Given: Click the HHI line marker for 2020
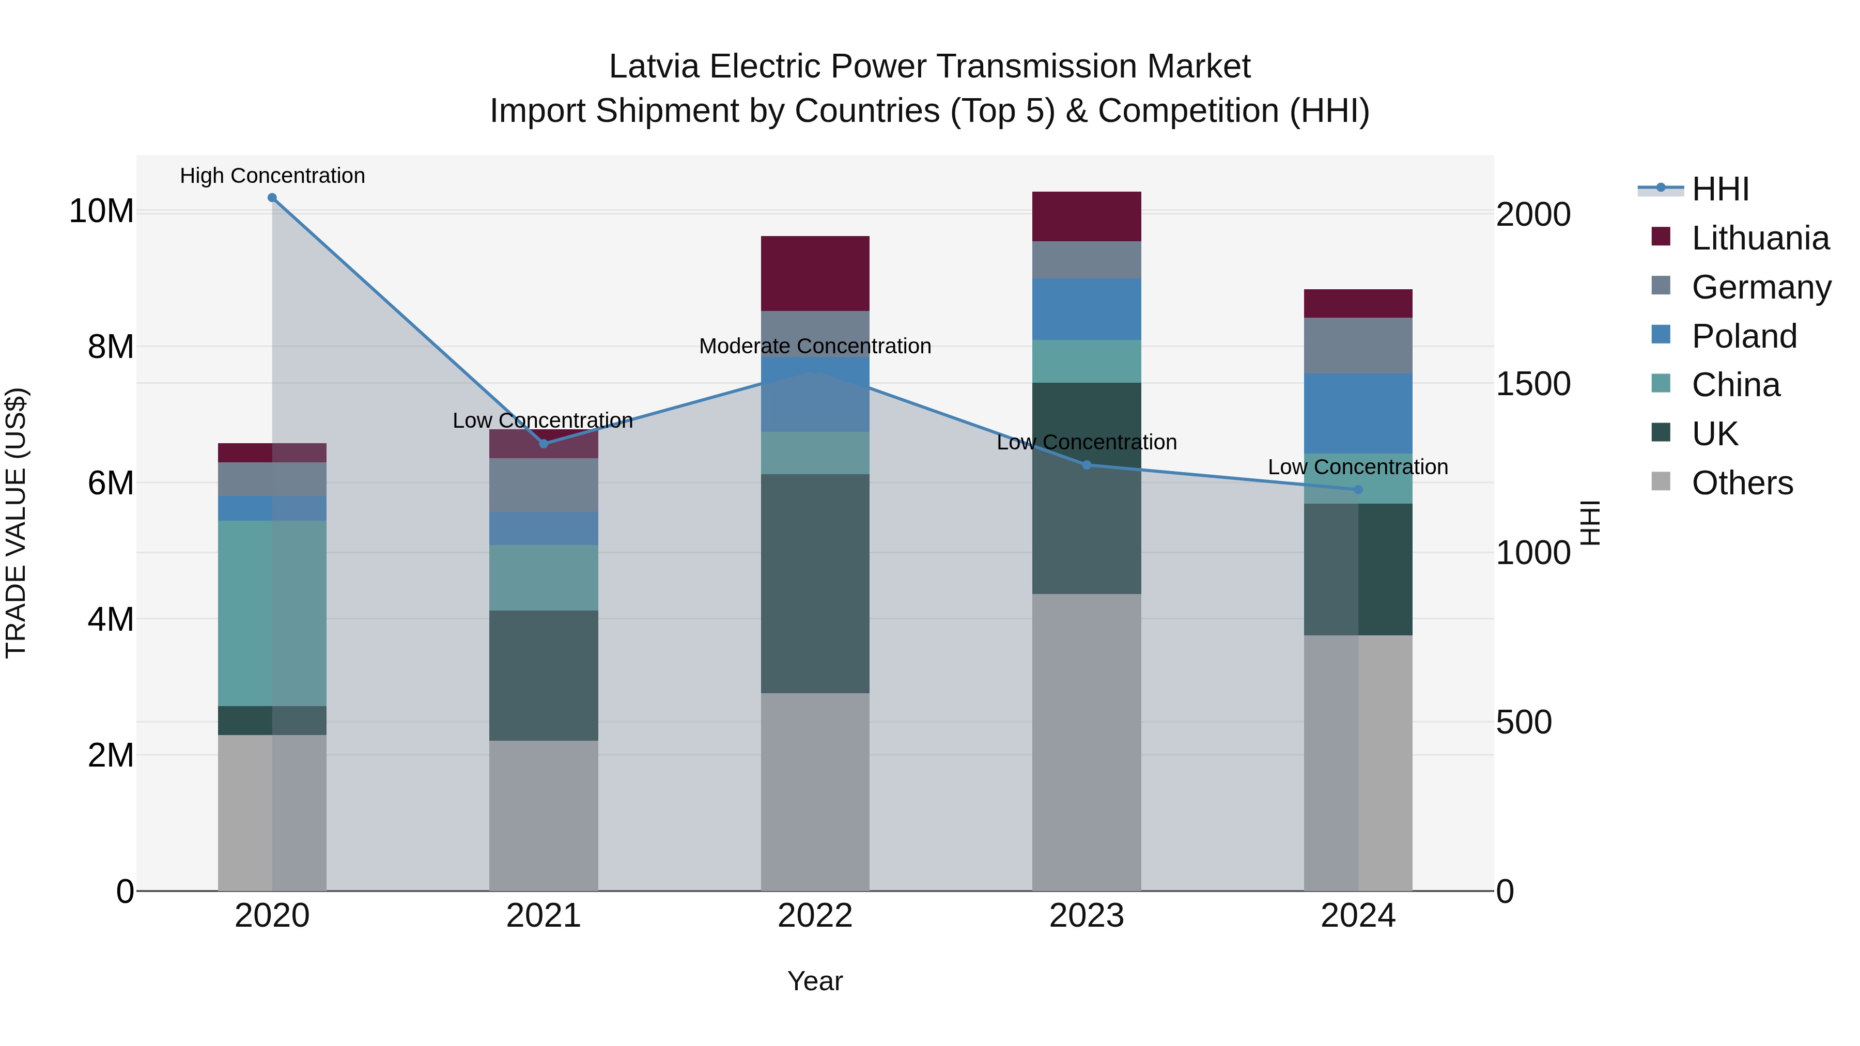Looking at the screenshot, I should pos(272,198).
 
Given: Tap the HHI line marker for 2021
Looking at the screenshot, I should pos(544,444).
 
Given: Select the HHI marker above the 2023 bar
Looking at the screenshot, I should pos(1087,465).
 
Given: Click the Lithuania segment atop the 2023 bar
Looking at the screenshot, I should pos(1086,216).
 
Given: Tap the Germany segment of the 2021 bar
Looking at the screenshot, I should pos(544,485).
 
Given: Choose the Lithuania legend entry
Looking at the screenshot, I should pos(1760,238).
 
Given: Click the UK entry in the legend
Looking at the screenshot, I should pos(1714,434).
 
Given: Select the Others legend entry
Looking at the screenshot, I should pos(1742,483).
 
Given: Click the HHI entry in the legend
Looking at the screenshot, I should pos(1720,189).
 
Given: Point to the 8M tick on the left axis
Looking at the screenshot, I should pos(111,347).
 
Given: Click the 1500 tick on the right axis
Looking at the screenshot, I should pos(1532,384).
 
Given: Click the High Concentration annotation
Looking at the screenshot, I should pos(272,176).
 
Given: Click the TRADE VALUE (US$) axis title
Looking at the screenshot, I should pos(16,523).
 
